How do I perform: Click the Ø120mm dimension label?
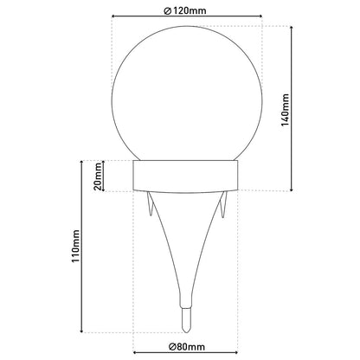pos(185,10)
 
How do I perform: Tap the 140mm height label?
pos(285,110)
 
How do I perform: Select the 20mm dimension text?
pos(98,177)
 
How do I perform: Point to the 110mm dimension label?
pos(75,246)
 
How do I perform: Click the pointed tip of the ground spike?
pos(185,331)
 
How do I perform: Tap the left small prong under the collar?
pos(150,204)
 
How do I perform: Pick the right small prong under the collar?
pos(223,204)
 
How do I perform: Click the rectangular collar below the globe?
pos(185,177)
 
